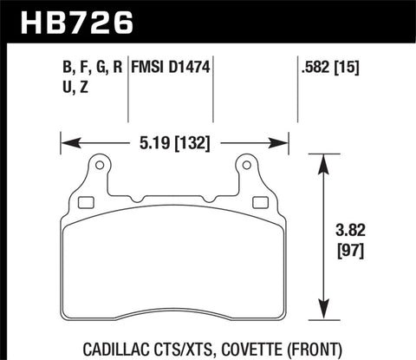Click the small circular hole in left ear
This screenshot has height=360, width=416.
(98, 165)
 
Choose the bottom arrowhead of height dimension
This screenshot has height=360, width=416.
(326, 317)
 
